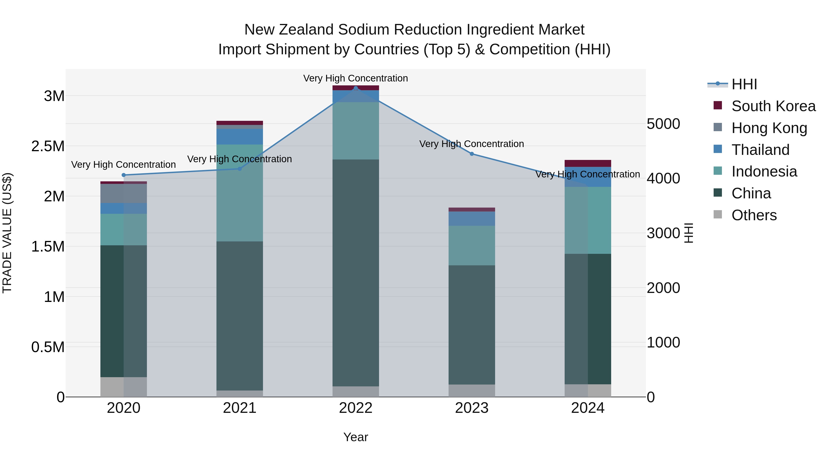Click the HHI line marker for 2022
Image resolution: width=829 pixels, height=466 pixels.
356,88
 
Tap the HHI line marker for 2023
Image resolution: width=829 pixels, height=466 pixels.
472,154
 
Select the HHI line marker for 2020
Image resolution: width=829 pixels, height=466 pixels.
124,175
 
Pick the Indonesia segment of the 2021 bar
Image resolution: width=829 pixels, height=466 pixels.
239,193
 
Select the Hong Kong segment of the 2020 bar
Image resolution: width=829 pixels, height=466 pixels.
124,193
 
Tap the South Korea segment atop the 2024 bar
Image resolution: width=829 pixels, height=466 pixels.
588,163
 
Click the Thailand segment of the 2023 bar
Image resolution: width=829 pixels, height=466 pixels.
472,218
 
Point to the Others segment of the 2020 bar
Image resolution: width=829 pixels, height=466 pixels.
124,387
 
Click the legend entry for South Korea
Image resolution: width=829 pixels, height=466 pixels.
773,106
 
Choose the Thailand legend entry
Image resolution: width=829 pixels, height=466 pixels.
760,150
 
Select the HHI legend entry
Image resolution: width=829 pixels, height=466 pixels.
744,84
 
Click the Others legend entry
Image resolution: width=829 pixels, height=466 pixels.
754,215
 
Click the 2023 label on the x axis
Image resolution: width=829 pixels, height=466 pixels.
472,408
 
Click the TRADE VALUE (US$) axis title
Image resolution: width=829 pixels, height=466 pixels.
7,233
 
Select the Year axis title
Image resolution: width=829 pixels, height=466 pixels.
356,437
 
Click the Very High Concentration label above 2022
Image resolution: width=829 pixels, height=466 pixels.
356,78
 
